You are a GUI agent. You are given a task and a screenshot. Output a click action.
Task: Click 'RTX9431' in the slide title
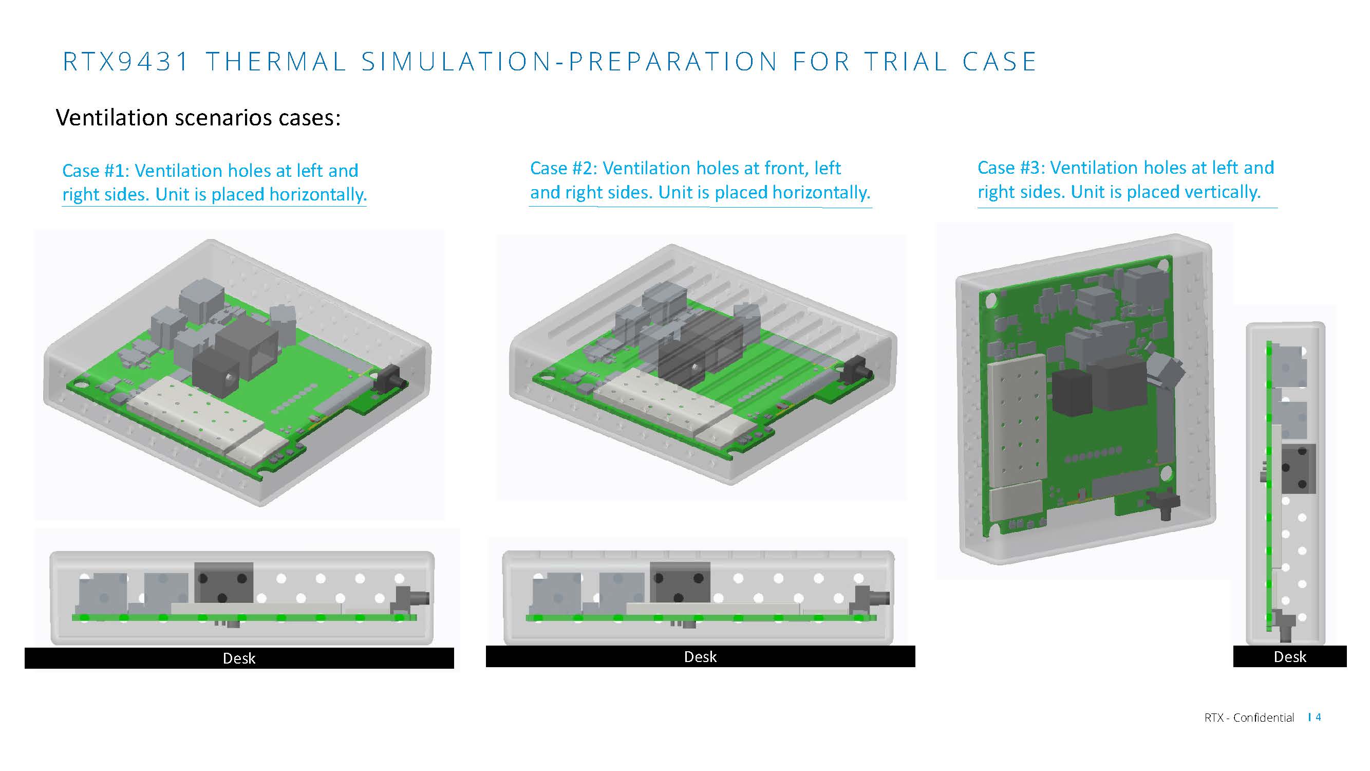coord(126,62)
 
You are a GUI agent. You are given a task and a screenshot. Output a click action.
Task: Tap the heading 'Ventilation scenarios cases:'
coord(198,118)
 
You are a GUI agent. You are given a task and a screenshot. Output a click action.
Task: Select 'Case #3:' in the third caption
coord(1010,168)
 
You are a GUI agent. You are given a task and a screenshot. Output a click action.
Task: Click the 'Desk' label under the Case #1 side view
coord(239,658)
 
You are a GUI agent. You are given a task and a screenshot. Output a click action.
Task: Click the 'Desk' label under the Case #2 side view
coord(700,656)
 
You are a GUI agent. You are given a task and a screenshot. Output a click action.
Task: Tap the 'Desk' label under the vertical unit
coord(1290,656)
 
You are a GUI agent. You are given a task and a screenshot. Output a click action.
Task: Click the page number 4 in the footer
coord(1318,717)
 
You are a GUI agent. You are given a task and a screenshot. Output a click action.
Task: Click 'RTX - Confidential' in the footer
coord(1249,718)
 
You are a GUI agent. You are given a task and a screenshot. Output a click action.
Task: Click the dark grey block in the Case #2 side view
coord(680,581)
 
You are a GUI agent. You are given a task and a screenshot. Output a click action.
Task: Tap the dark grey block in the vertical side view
coord(1298,468)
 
